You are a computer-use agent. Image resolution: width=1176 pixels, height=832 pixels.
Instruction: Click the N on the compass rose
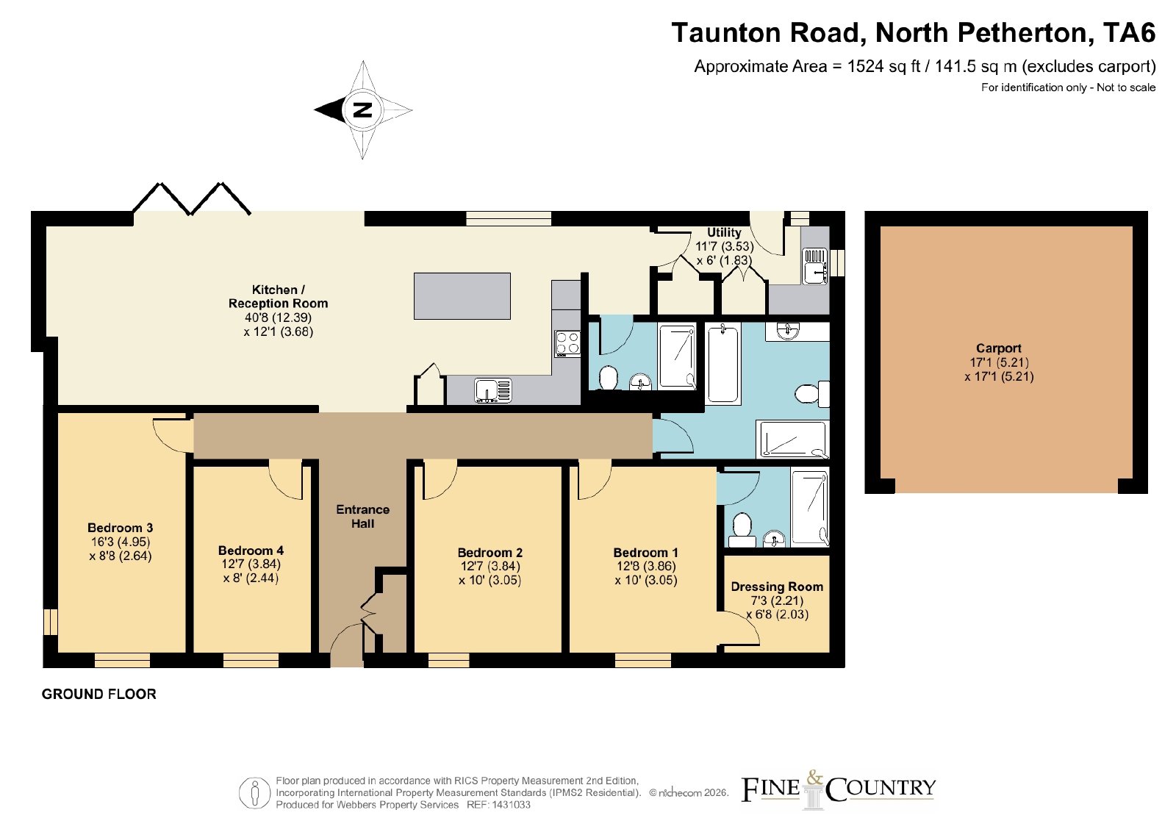pos(363,110)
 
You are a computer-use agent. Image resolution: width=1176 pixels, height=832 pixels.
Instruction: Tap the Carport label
pos(999,348)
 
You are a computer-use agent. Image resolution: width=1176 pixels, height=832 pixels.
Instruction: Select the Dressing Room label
pos(777,587)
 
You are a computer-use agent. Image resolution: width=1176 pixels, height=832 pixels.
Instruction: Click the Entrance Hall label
pos(363,516)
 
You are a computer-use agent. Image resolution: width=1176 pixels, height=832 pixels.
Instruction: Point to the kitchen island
pos(462,296)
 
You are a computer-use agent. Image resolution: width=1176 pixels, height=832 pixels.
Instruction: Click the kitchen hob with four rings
pos(567,344)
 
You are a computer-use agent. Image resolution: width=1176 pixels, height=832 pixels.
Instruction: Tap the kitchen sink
pos(493,390)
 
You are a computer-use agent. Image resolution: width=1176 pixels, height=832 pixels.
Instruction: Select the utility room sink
pos(815,265)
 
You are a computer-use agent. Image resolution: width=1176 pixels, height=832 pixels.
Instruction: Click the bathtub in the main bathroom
pos(723,364)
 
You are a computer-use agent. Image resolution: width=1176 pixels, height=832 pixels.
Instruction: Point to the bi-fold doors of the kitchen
pos(191,198)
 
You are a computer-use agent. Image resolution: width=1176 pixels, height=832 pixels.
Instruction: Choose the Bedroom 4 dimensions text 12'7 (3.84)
pos(251,564)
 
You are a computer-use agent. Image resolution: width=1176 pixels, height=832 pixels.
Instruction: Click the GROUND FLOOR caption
pos(98,694)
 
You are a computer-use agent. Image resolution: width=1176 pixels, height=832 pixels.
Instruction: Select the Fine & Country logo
pos(838,789)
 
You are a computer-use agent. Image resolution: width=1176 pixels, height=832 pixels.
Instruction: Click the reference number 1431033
pos(511,805)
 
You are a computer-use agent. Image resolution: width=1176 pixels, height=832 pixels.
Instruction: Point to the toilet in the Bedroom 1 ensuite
pos(742,530)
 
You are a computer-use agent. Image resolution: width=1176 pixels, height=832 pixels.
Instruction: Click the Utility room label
pos(724,232)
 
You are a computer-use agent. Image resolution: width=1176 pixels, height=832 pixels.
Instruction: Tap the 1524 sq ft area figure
pos(883,66)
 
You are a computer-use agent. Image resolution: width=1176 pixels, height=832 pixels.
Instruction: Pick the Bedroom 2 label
pos(490,552)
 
